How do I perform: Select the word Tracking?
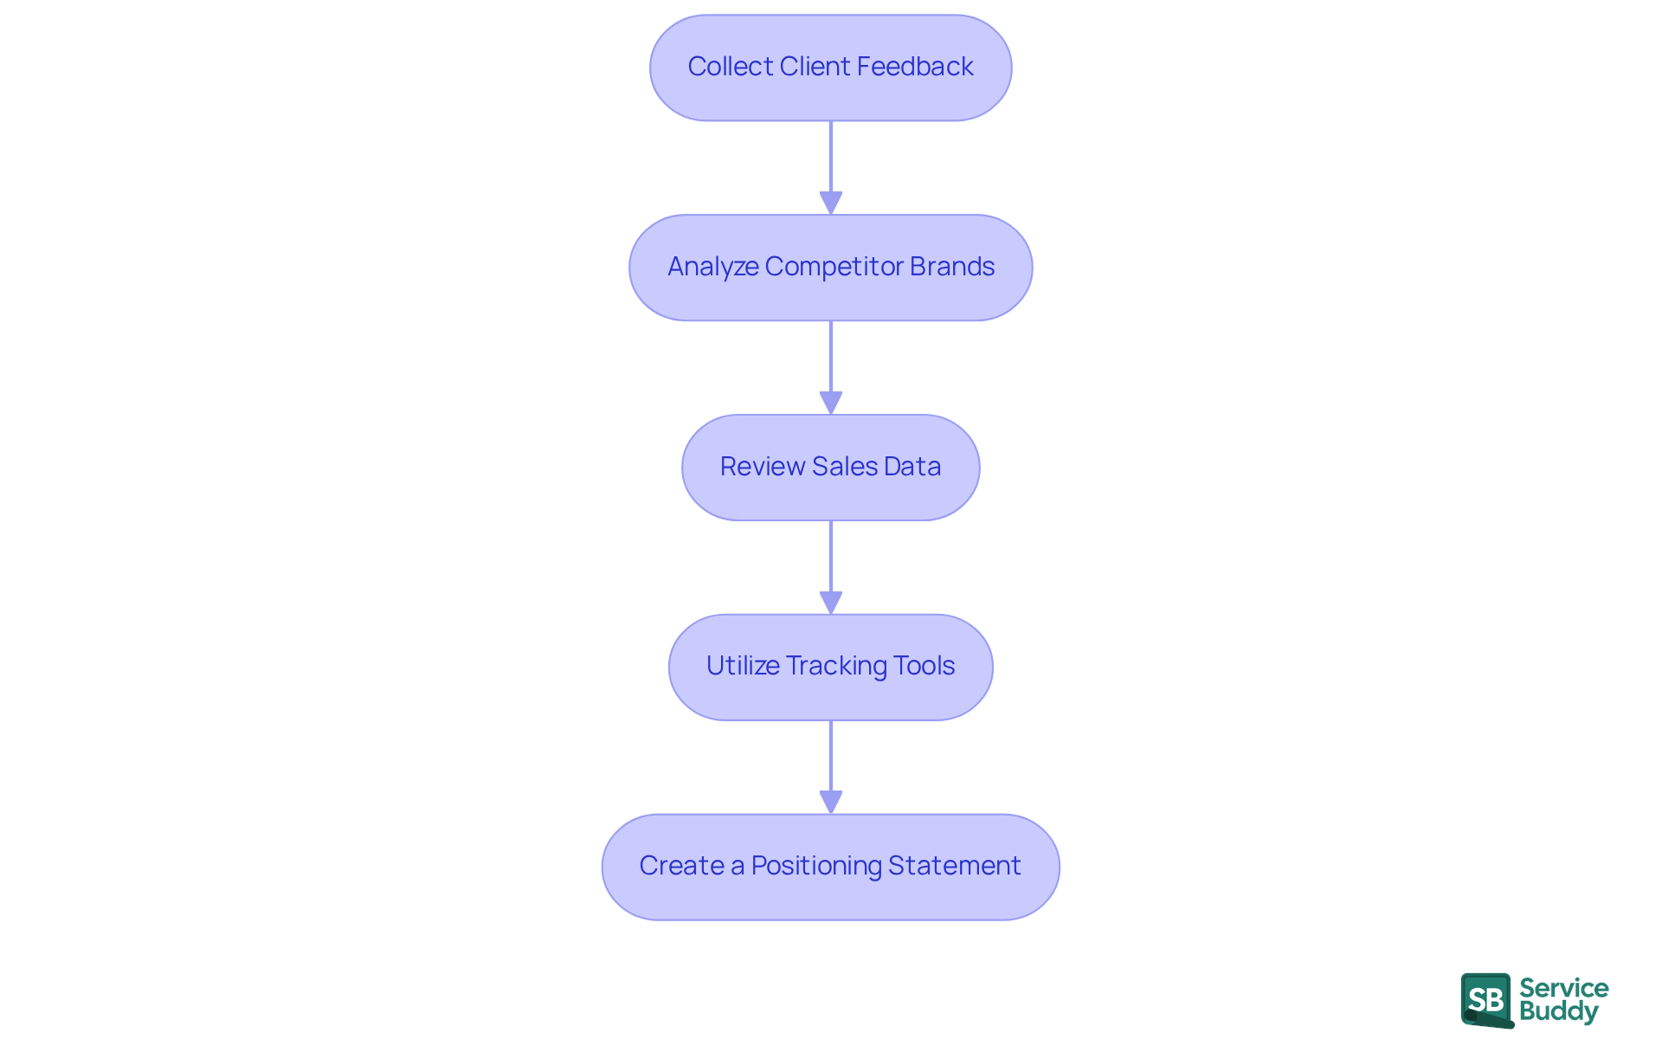837,666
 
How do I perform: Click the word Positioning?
816,866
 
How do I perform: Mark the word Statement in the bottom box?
954,866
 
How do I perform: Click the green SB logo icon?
1486,1000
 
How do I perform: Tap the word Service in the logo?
1563,988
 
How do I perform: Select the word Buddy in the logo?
1558,1011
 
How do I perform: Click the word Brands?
952,267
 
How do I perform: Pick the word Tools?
924,666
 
